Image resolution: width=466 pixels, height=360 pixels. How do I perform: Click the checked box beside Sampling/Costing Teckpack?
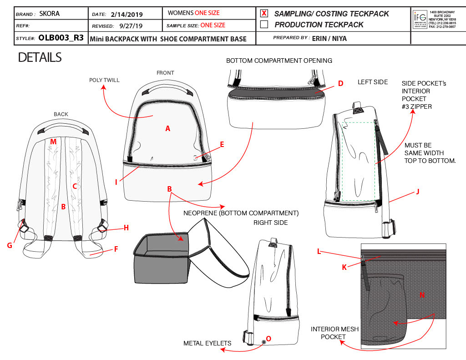264,14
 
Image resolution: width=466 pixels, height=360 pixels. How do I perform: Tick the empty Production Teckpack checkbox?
264,25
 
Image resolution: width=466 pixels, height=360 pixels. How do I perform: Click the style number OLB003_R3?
61,38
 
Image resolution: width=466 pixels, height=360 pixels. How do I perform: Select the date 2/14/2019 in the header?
127,14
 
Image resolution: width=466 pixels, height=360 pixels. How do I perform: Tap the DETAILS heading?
40,58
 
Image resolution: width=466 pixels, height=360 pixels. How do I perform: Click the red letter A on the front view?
167,129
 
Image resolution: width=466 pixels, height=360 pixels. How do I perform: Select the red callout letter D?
340,83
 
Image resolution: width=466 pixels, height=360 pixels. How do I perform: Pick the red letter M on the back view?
53,142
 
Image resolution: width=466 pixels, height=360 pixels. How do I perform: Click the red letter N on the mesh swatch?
422,295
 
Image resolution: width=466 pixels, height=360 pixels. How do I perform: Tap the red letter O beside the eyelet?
268,338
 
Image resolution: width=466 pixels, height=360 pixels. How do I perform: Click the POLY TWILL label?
104,80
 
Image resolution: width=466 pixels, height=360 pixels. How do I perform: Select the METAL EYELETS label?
207,343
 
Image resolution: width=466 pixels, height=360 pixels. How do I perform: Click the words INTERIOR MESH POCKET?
334,333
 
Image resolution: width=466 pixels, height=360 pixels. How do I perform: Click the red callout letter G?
9,245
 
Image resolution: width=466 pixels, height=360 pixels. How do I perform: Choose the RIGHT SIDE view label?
270,223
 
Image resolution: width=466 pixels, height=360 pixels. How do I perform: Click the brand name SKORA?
50,14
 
